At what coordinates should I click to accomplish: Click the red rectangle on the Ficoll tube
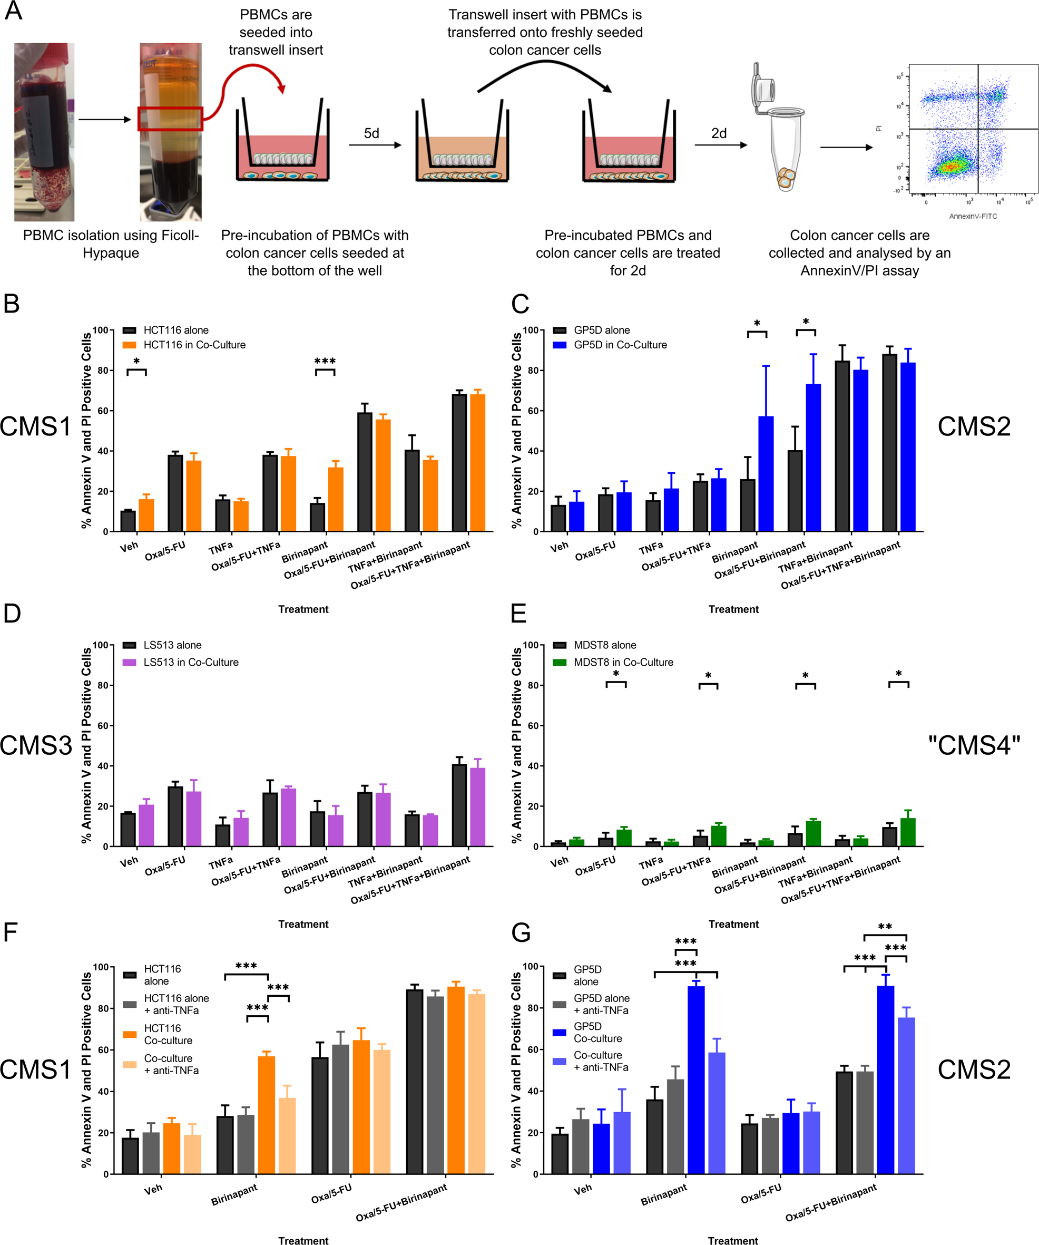170,119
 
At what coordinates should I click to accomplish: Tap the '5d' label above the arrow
371,133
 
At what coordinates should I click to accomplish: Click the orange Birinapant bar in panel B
336,499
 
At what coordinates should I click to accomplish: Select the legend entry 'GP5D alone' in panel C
601,330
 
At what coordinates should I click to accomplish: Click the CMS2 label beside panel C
973,426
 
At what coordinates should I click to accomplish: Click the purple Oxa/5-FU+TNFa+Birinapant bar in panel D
477,807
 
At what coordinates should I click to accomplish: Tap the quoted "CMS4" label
973,745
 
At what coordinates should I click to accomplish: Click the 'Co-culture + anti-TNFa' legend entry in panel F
171,1064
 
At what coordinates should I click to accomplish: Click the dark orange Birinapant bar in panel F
266,1115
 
